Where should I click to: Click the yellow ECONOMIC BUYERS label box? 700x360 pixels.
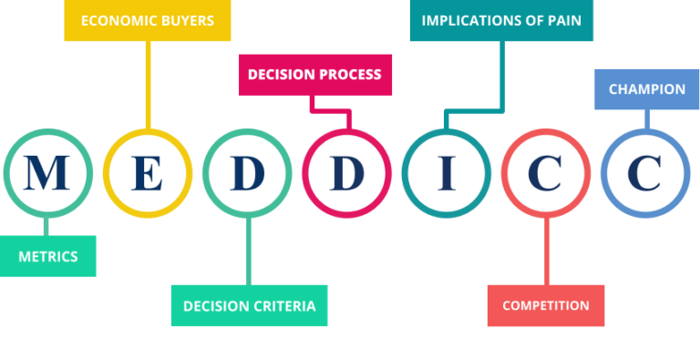pyautogui.click(x=147, y=20)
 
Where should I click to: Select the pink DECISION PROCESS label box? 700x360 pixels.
pyautogui.click(x=314, y=75)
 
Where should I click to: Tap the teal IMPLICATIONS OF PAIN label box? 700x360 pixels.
pyautogui.click(x=501, y=20)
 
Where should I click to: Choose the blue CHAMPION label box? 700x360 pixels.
pyautogui.click(x=646, y=89)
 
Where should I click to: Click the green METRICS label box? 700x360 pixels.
pyautogui.click(x=47, y=256)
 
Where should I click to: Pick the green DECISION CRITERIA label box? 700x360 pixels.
pyautogui.click(x=249, y=306)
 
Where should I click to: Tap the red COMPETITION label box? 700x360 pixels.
pyautogui.click(x=546, y=305)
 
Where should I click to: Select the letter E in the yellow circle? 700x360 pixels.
pyautogui.click(x=147, y=173)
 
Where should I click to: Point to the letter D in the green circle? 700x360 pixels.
pyautogui.click(x=247, y=173)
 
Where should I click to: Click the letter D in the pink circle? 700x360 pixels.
pyautogui.click(x=346, y=173)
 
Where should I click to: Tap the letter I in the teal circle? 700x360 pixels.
pyautogui.click(x=446, y=173)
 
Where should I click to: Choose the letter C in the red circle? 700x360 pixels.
pyautogui.click(x=545, y=173)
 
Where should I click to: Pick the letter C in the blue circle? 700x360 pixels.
pyautogui.click(x=644, y=173)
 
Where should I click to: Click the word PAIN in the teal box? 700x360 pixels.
pyautogui.click(x=562, y=20)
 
